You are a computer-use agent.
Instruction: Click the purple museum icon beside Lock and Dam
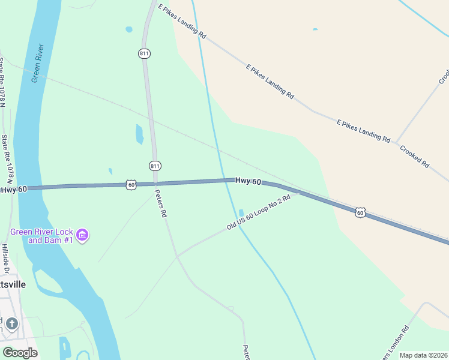(83, 235)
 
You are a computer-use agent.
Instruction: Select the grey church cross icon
(12, 324)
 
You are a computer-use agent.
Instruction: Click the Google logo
(20, 352)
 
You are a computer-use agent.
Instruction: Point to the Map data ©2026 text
(423, 355)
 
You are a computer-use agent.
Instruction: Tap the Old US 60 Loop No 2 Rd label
(262, 211)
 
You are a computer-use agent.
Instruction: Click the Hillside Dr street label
(5, 256)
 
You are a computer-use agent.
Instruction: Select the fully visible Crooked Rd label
(415, 155)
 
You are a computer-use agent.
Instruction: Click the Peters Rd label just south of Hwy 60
(160, 203)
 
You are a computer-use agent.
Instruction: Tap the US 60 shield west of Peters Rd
(131, 184)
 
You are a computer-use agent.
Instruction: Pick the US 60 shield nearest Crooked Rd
(360, 212)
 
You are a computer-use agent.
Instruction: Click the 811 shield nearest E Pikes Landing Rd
(144, 53)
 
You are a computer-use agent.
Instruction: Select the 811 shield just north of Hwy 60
(155, 166)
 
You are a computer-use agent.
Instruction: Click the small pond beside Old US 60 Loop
(241, 213)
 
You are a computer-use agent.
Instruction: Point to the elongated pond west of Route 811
(140, 134)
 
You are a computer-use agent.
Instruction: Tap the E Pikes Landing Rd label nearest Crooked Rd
(363, 130)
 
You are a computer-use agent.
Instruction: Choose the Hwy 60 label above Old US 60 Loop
(248, 181)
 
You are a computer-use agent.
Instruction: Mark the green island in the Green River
(48, 279)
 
